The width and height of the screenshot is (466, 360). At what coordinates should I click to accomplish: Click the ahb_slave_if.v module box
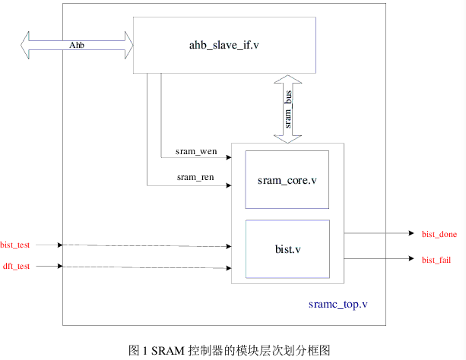point(224,45)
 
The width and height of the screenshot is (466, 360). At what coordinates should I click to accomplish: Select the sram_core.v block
point(287,180)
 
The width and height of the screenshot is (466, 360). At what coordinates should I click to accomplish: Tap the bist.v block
point(287,248)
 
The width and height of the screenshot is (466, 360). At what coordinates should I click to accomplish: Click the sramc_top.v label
point(339,304)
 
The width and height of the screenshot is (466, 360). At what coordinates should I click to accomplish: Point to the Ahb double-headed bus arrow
point(77,46)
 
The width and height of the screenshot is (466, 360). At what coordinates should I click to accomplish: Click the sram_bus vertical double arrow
point(288,108)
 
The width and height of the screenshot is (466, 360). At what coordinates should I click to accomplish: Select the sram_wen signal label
point(196,151)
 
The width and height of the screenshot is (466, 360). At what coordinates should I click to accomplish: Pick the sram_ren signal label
point(195,178)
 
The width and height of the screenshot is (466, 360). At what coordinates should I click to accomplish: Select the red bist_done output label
point(439,234)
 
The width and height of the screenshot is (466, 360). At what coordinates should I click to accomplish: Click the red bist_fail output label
point(436,261)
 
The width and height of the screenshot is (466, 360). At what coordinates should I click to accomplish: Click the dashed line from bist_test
point(144,245)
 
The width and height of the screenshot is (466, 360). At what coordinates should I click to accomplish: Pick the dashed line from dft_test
point(144,267)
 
